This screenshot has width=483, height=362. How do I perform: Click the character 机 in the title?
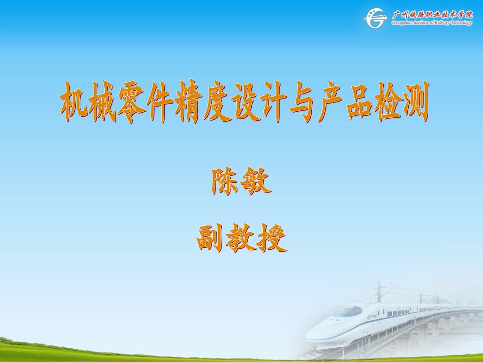point(75,102)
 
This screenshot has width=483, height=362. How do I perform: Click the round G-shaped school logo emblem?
point(376,19)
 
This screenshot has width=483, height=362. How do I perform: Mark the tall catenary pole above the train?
point(377,291)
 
